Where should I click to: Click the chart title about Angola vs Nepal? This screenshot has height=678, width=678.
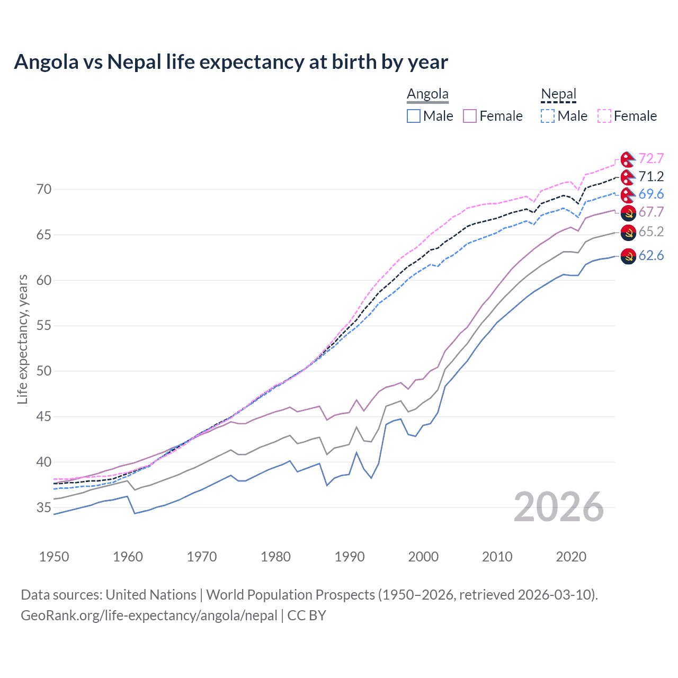pyautogui.click(x=231, y=62)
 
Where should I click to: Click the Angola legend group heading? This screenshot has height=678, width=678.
pyautogui.click(x=427, y=94)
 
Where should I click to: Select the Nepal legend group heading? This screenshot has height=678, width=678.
pyautogui.click(x=558, y=94)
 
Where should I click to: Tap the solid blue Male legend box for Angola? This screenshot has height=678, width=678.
pyautogui.click(x=414, y=116)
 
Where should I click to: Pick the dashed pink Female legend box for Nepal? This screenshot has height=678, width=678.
pyautogui.click(x=604, y=116)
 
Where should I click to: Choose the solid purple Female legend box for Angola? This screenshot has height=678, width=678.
pyautogui.click(x=470, y=116)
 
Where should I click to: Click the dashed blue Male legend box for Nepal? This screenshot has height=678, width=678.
pyautogui.click(x=548, y=116)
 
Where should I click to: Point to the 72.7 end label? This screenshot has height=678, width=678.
pyautogui.click(x=651, y=158)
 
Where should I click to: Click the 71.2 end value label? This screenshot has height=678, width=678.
pyautogui.click(x=651, y=176)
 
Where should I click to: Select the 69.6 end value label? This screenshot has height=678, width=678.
pyautogui.click(x=651, y=194)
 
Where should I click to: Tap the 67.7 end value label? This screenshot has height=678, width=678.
pyautogui.click(x=651, y=212)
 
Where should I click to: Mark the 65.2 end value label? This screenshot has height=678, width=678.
pyautogui.click(x=651, y=231)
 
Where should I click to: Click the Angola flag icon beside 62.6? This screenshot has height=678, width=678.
pyautogui.click(x=628, y=256)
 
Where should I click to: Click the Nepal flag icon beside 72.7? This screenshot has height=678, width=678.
pyautogui.click(x=628, y=159)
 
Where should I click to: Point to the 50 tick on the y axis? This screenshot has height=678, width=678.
pyautogui.click(x=44, y=371)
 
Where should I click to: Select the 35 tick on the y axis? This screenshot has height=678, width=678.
pyautogui.click(x=44, y=507)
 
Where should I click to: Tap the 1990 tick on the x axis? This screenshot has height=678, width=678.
pyautogui.click(x=350, y=557)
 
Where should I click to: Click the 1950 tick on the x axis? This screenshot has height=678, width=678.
pyautogui.click(x=54, y=557)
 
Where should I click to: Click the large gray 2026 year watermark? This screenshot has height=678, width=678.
pyautogui.click(x=558, y=507)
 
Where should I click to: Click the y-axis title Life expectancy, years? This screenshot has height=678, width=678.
pyautogui.click(x=22, y=339)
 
